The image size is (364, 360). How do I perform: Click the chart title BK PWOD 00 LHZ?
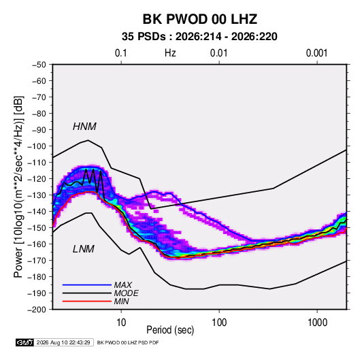[x=199, y=19]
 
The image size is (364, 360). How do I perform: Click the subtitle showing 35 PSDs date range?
[x=199, y=37]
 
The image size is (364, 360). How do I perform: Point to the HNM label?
[x=84, y=127]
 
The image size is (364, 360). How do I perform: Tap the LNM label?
[x=84, y=249]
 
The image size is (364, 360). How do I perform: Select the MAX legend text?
[x=123, y=285]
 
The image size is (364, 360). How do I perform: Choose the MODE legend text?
[x=127, y=293]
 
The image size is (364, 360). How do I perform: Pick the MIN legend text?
[x=121, y=301]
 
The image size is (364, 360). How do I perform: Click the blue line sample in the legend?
[x=87, y=285]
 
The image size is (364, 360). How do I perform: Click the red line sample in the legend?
[x=87, y=301]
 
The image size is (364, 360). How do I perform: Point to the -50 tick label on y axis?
[x=39, y=65]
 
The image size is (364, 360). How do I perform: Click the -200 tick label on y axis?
[x=37, y=310]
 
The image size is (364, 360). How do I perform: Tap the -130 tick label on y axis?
[x=37, y=195]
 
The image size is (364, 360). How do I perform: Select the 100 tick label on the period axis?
[x=219, y=323]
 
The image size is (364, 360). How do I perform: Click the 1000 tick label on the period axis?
[x=317, y=323]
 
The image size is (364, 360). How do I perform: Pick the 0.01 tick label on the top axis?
[x=218, y=53]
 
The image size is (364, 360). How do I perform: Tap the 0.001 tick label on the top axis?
[x=316, y=53]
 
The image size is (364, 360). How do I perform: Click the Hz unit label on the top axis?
[x=170, y=53]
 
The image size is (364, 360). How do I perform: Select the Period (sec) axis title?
[x=170, y=330]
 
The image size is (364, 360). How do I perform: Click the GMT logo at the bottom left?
[x=24, y=342]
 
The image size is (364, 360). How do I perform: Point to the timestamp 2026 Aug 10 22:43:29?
[x=63, y=342]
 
